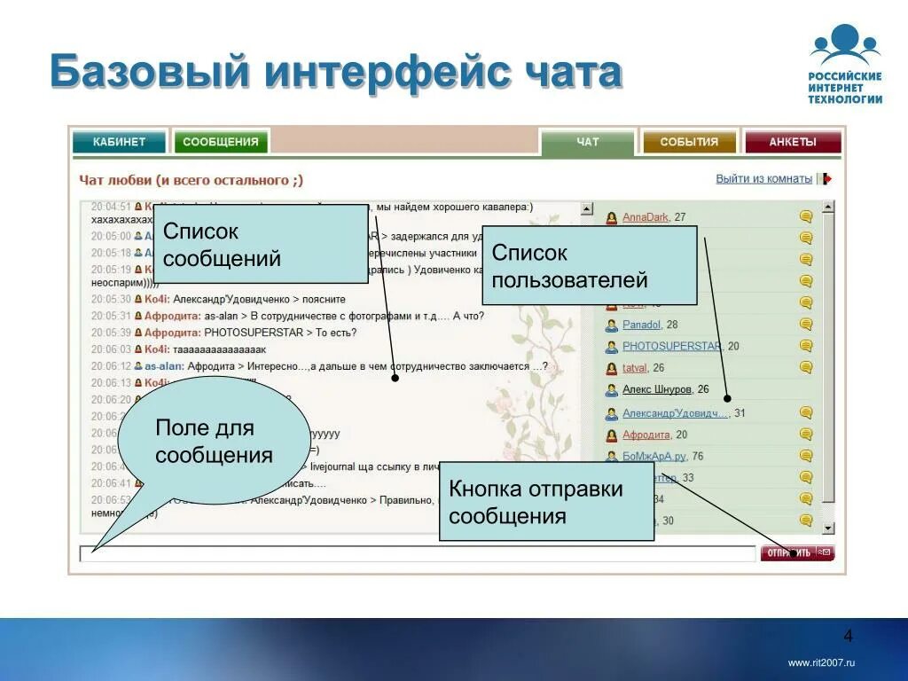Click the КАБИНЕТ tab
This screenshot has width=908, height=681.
click(x=120, y=142)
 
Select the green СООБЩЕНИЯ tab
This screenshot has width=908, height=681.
click(x=222, y=142)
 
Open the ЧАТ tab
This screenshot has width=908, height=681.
click(x=587, y=142)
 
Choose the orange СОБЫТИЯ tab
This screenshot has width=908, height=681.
click(x=689, y=142)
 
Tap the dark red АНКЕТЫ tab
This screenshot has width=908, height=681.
click(x=792, y=142)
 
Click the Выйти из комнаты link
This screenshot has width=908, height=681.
click(x=763, y=179)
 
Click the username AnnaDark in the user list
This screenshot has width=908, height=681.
click(x=645, y=217)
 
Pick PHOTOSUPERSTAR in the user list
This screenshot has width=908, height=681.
click(x=671, y=346)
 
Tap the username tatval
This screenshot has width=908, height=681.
click(x=634, y=367)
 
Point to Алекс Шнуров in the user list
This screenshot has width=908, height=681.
click(x=658, y=389)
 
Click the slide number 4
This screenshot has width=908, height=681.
click(x=848, y=636)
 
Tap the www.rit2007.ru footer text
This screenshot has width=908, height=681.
click(x=821, y=663)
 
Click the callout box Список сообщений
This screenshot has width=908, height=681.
click(x=261, y=244)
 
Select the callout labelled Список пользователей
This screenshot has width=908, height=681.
click(x=590, y=266)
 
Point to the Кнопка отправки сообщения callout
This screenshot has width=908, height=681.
click(x=546, y=502)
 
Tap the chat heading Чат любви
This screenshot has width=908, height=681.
click(x=116, y=180)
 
